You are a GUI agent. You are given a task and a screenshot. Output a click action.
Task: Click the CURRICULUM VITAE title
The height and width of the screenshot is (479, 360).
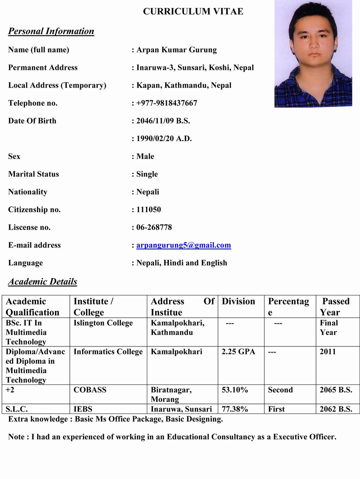coord(193,12)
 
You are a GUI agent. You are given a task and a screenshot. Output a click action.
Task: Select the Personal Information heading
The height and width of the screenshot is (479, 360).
coord(51,31)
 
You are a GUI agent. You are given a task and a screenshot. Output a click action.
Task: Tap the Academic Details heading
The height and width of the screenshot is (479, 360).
coord(43,281)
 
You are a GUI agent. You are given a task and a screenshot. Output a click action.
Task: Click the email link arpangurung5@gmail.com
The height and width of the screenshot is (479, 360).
coord(184,245)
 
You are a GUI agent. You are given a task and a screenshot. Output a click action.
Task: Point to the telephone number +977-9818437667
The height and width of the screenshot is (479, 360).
coord(166,103)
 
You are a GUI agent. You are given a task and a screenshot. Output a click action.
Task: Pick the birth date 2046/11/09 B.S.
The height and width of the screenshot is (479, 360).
coord(163,121)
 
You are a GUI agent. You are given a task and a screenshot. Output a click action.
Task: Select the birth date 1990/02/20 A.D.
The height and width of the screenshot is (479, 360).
coord(164,139)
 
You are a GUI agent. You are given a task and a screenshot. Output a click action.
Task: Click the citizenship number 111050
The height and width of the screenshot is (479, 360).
coord(148,210)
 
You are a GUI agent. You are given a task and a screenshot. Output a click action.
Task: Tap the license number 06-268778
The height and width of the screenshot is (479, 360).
coord(154,227)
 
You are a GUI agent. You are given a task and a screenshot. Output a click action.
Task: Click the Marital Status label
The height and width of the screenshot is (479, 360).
coord(34,174)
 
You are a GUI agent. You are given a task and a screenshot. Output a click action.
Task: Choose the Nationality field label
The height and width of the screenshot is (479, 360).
coord(28,192)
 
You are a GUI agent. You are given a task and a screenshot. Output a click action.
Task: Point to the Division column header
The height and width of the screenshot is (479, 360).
coord(238,301)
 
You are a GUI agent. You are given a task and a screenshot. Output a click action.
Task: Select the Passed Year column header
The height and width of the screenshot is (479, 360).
coord(336,307)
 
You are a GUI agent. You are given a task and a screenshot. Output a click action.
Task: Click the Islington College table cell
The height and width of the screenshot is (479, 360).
coord(103,323)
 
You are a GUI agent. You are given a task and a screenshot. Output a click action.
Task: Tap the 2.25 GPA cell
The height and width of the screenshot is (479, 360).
coord(238,352)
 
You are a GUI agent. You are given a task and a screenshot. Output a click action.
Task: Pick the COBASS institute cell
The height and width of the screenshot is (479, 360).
coord(90,390)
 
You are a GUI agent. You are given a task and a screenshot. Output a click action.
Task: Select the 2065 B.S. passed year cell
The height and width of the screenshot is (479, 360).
coord(336,390)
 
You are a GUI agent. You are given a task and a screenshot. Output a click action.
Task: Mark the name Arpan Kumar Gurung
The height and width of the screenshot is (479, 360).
coord(176,50)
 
